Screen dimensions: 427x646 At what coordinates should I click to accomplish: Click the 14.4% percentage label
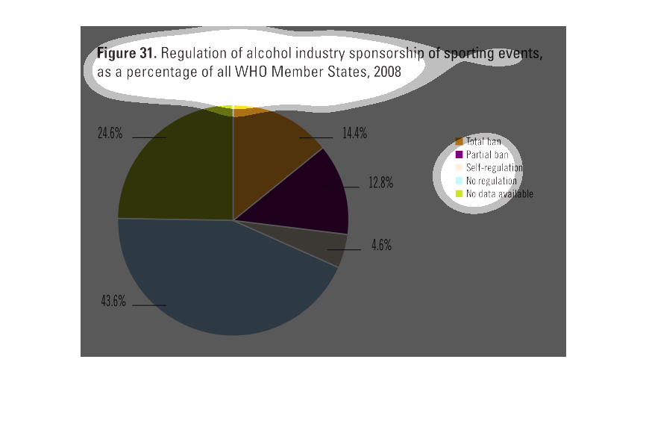tap(355, 134)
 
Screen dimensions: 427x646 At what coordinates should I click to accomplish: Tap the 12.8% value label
tap(380, 183)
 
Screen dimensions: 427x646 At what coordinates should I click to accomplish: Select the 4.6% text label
tap(382, 245)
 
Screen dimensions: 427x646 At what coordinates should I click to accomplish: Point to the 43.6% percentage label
tap(113, 302)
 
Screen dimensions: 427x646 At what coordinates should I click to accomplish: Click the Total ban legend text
tap(483, 141)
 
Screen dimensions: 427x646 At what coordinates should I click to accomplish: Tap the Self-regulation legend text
tap(494, 168)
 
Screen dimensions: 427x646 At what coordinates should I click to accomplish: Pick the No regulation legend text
tap(492, 181)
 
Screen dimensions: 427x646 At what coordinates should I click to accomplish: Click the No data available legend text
tap(500, 194)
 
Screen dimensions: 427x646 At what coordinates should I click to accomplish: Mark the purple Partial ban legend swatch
tap(460, 155)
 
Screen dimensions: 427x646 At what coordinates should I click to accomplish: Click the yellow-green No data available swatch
tap(460, 194)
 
